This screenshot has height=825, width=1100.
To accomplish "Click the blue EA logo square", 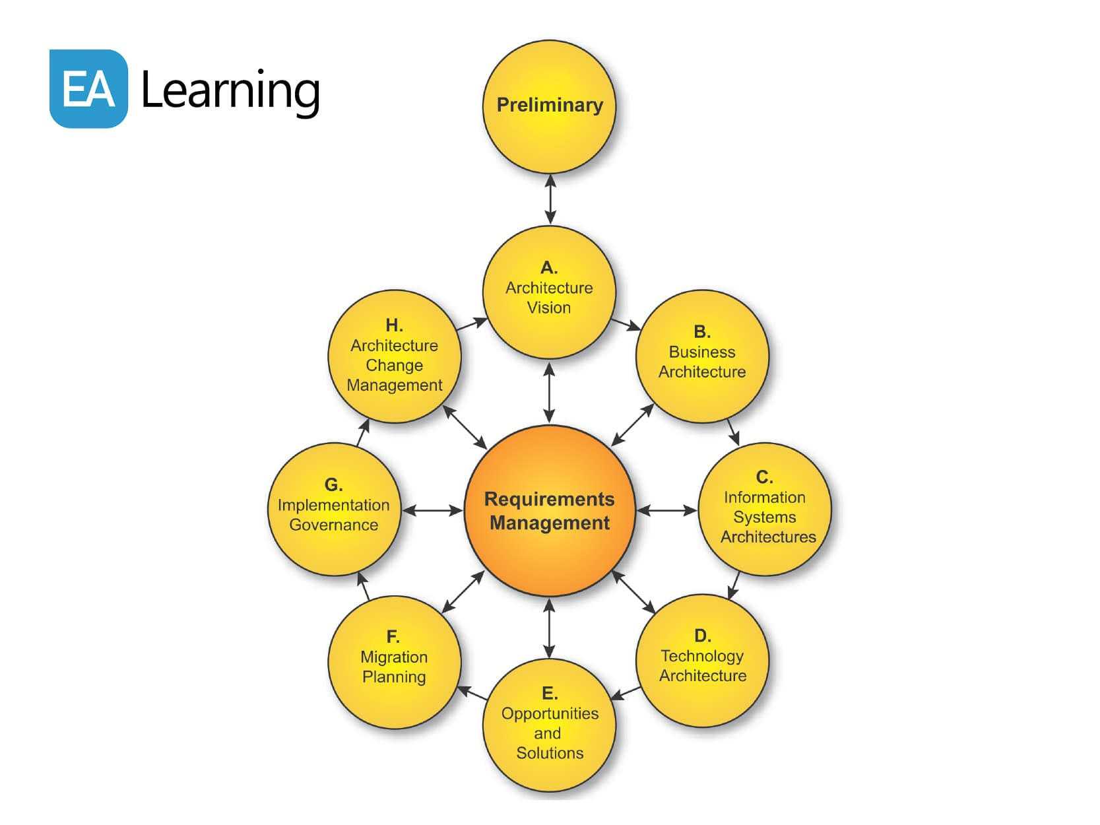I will [88, 88].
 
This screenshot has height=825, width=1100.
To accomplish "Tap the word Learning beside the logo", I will [230, 90].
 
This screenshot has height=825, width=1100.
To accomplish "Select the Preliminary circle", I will [549, 106].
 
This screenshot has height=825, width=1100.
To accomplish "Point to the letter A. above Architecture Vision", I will [549, 267].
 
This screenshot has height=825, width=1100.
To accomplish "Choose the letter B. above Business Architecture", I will [702, 331].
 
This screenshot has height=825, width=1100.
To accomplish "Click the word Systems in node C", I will [765, 517].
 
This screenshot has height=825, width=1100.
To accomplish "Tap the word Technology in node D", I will [702, 655].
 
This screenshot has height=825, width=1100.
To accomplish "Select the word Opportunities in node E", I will [550, 713].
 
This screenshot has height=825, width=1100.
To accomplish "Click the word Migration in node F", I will [394, 657].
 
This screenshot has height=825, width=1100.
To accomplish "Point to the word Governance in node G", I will [334, 525].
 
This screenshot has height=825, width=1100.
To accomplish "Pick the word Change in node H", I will [395, 365].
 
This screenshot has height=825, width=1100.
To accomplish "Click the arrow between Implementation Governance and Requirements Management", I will [432, 510].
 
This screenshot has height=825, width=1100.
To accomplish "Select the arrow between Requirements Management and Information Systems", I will [666, 510].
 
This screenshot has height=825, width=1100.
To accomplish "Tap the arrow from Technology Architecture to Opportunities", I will [626, 693].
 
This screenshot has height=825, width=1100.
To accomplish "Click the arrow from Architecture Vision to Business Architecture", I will [626, 324].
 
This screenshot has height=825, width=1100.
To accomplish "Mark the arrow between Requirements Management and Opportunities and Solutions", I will [550, 628].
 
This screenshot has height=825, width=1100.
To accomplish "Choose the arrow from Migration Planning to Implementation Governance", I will [363, 586].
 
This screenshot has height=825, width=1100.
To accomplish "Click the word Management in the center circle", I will [550, 523].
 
